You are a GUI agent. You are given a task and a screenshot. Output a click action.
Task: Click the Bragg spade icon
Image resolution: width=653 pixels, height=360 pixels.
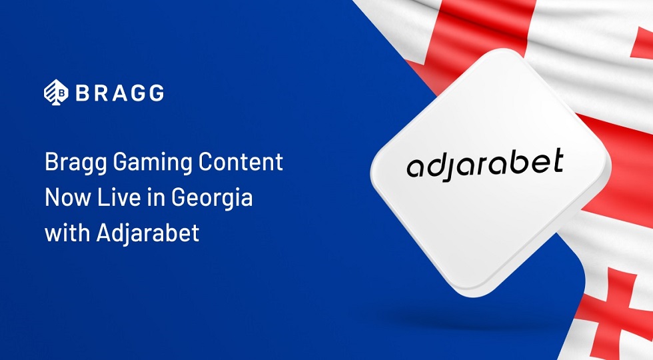(55, 92)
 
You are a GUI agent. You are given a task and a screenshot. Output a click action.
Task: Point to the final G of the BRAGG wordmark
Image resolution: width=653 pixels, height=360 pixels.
(155, 93)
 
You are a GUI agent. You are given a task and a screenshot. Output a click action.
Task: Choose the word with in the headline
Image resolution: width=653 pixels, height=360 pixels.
(65, 234)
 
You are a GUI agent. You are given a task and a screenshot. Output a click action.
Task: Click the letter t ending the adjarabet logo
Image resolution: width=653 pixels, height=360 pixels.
(556, 161)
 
